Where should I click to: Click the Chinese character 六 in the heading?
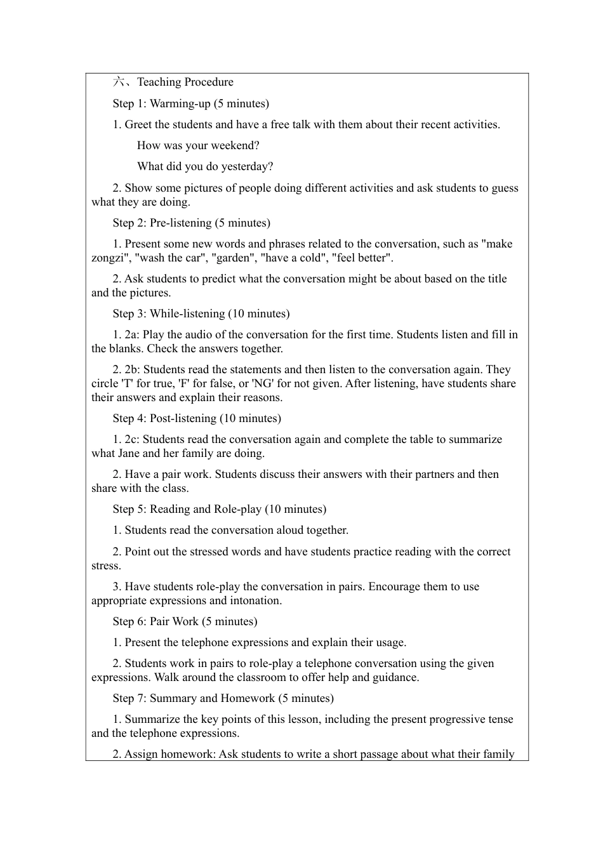tap(119, 82)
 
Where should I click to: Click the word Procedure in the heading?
tap(209, 82)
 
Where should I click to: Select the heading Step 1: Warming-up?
tap(190, 103)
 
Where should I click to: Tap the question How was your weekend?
tap(198, 145)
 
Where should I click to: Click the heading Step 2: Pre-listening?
tap(191, 223)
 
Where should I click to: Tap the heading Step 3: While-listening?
tap(201, 314)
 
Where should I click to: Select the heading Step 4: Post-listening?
tap(197, 418)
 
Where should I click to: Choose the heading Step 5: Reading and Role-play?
tap(219, 509)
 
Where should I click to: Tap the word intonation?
tap(257, 600)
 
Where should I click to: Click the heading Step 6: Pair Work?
tap(185, 621)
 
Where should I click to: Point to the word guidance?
tap(394, 677)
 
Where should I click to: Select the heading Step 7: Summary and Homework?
tap(223, 698)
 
